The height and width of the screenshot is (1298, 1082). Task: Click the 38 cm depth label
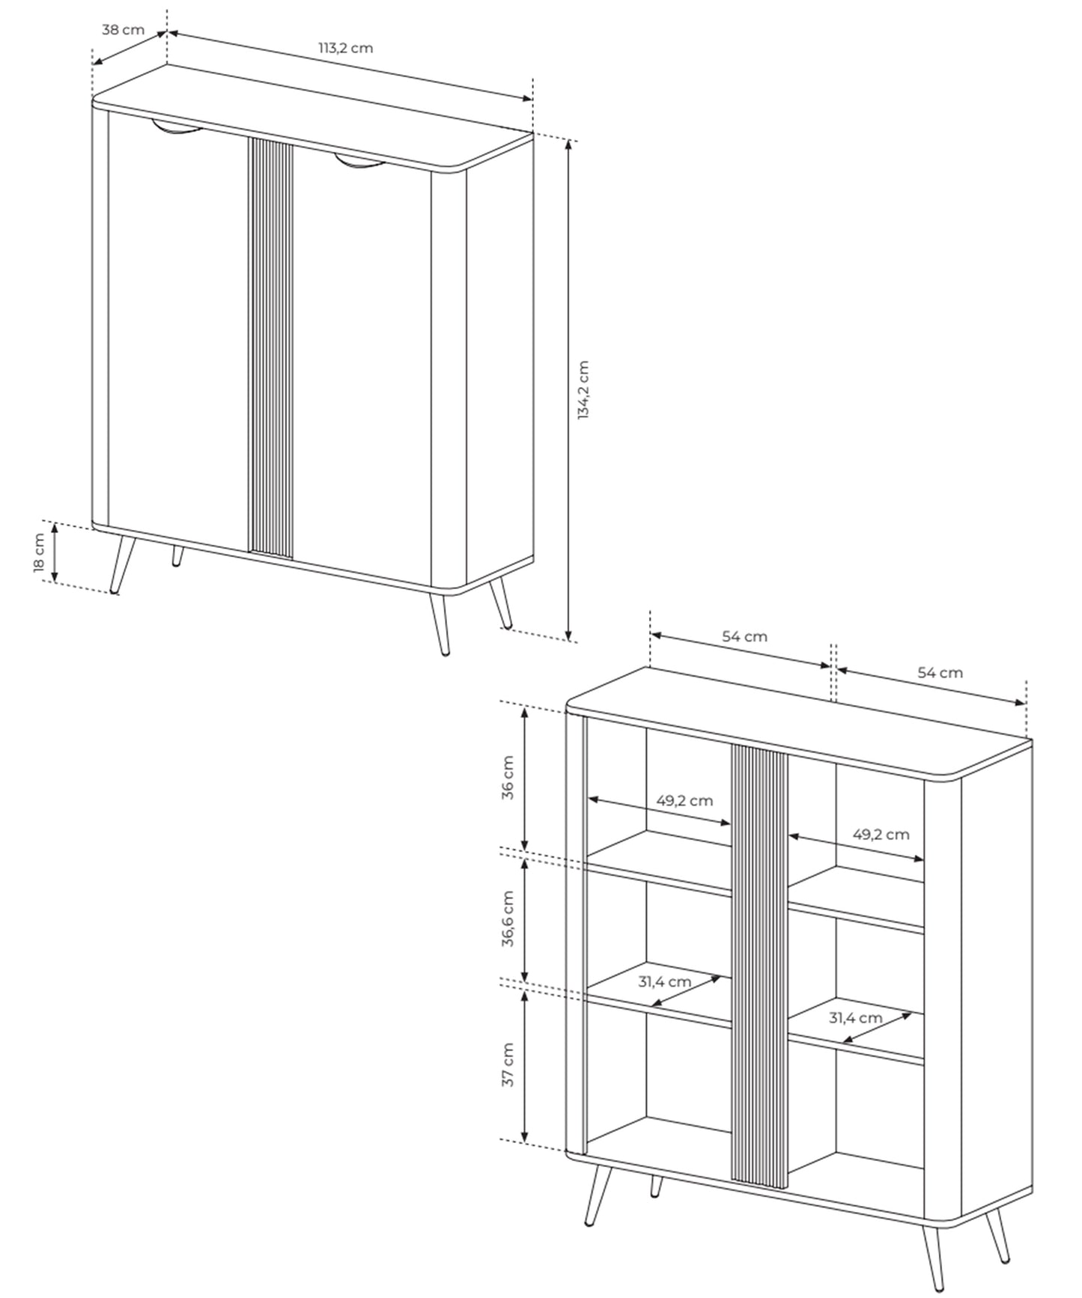123,31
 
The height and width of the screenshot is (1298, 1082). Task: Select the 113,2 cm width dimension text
345,48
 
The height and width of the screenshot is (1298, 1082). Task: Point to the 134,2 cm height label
584,390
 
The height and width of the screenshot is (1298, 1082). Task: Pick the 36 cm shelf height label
508,779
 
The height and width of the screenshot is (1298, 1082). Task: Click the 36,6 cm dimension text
508,919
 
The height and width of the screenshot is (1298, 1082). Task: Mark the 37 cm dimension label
508,1064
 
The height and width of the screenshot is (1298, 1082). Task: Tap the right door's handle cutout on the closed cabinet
360,162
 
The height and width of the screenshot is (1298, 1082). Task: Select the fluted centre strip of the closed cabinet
270,348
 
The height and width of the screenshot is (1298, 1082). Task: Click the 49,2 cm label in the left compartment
684,800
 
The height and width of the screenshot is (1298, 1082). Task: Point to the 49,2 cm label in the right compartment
881,834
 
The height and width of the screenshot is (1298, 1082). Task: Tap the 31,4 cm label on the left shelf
664,981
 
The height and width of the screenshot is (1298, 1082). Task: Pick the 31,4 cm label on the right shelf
855,1018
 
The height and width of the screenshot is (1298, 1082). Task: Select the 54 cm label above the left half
744,636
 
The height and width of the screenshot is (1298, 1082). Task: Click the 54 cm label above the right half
940,672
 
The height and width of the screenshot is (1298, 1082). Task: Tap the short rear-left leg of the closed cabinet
177,556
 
